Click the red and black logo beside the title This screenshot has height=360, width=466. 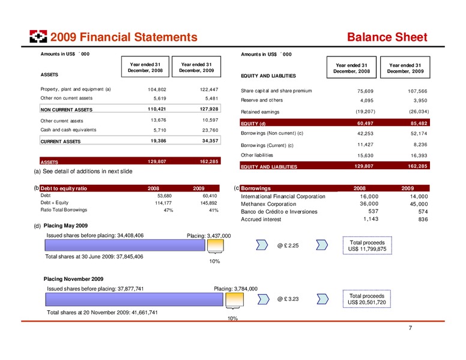[38, 36]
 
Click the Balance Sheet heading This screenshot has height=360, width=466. [387, 37]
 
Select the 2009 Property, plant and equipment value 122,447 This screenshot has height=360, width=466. [209, 89]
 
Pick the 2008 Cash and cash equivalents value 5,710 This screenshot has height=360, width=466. [160, 130]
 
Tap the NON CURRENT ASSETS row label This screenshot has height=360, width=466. [66, 110]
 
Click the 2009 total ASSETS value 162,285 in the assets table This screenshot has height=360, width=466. [209, 161]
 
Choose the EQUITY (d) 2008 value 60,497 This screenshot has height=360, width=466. [365, 123]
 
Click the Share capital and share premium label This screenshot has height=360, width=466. [276, 91]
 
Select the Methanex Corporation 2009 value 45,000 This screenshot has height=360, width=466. [419, 204]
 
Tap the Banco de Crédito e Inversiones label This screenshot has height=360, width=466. [279, 212]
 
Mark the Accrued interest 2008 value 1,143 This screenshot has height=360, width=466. [371, 219]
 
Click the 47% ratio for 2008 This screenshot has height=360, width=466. [168, 210]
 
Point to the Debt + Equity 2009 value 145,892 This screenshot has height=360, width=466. [208, 203]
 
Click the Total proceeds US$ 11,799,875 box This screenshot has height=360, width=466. [368, 245]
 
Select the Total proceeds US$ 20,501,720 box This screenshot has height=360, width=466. [367, 299]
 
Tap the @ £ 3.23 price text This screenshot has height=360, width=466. [288, 299]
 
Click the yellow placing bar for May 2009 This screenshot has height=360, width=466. [215, 245]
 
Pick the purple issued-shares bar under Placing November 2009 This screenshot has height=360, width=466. [134, 299]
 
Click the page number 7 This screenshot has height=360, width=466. [410, 328]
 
